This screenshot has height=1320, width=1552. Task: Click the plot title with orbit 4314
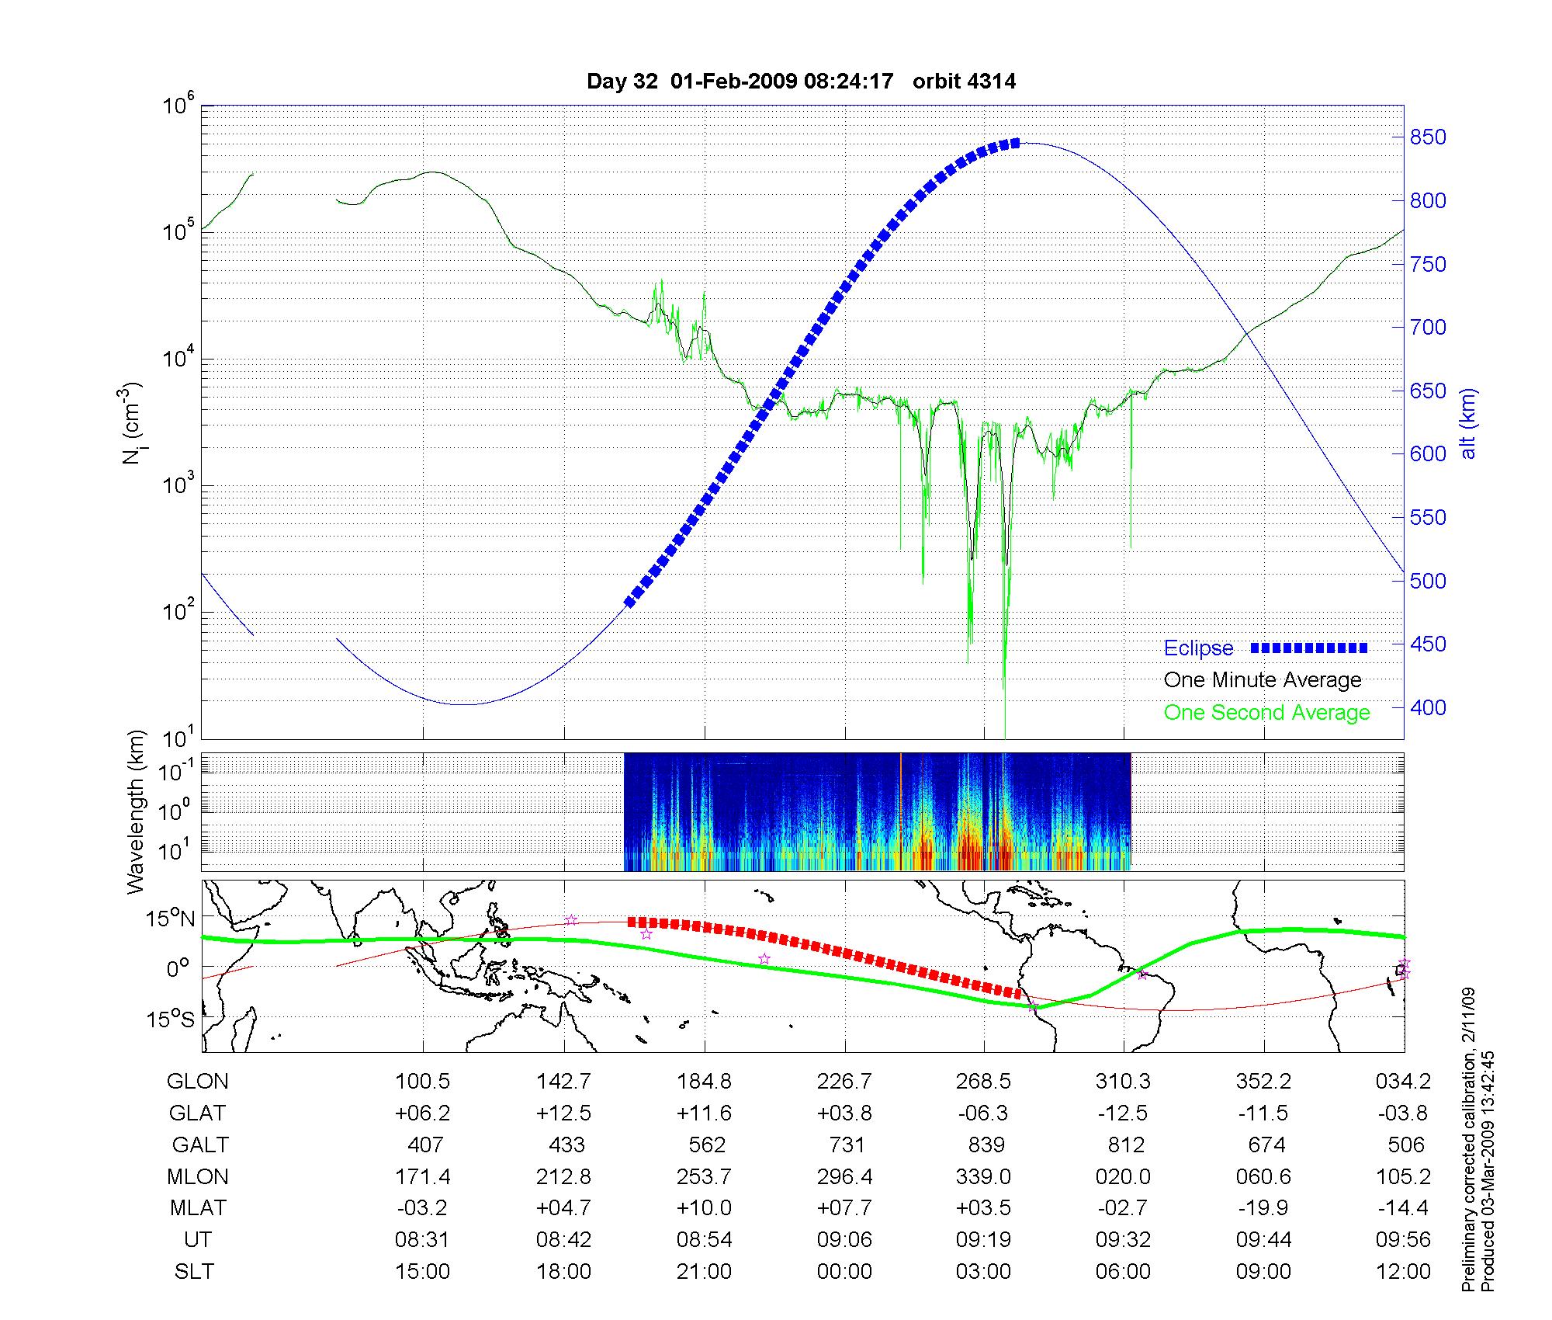801,82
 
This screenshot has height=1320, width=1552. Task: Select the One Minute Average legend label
1263,680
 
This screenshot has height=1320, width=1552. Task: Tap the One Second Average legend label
1266,713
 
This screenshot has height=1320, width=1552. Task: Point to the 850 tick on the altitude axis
1428,137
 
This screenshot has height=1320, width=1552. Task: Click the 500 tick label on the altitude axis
1428,581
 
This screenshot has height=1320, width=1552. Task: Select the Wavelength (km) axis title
136,812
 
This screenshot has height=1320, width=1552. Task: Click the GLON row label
197,1081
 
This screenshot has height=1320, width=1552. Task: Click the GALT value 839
986,1145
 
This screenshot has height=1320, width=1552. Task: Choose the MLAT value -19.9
1263,1208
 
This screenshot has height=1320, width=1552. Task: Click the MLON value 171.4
423,1177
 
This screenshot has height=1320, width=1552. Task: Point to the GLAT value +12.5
563,1113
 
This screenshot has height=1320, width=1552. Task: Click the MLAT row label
198,1208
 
